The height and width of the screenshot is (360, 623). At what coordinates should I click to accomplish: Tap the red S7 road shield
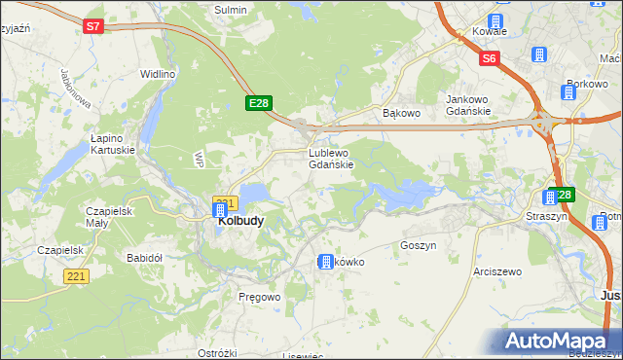(x=92, y=26)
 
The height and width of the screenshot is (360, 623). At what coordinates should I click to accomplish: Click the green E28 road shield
(x=258, y=102)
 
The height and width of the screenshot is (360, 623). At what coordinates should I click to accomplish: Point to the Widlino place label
(x=157, y=74)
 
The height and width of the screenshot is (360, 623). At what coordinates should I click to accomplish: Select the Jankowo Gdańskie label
(x=472, y=104)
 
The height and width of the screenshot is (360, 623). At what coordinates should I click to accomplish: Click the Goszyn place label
(x=418, y=246)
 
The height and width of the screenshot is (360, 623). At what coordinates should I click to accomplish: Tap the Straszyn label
(x=545, y=215)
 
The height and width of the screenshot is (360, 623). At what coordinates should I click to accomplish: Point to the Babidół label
(x=145, y=258)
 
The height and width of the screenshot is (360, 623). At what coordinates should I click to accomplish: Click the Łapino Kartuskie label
(x=111, y=144)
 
